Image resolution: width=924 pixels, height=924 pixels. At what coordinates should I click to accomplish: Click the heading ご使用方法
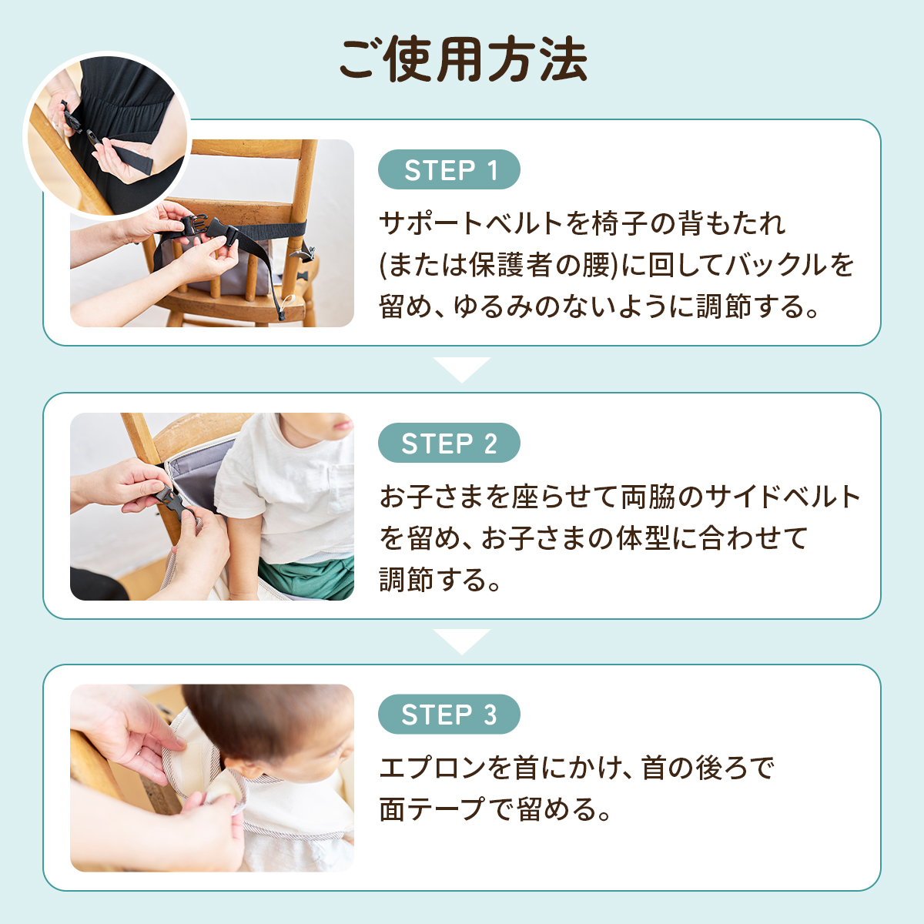coord(462,60)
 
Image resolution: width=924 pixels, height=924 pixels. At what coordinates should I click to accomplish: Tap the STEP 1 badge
coord(449,169)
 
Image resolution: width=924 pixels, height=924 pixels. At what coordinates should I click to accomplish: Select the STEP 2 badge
coord(449,443)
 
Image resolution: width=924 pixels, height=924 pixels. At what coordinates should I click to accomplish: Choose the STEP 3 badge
coord(449,714)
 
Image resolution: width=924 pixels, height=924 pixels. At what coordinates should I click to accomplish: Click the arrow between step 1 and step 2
coord(462,369)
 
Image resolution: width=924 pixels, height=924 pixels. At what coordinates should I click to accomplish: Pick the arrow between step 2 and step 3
coord(462,641)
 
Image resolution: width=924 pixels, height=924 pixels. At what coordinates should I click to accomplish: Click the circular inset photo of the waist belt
coord(107,136)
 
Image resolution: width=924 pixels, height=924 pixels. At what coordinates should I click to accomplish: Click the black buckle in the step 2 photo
coord(173,501)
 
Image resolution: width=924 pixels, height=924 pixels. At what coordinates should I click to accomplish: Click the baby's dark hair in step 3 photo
coord(269,719)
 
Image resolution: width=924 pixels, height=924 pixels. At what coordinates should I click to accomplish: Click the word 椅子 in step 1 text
coord(618,224)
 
